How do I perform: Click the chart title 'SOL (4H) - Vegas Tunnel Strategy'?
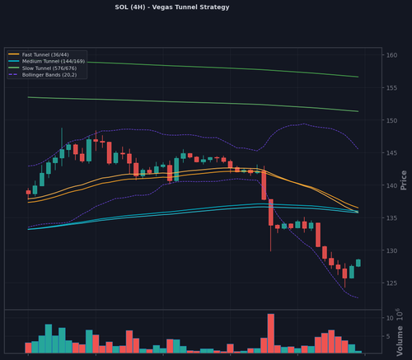point(172,7)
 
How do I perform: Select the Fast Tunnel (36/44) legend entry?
point(39,54)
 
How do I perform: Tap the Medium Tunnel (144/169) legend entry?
point(46,61)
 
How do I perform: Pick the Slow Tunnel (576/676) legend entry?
point(42,68)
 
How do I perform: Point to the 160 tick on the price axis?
point(391,55)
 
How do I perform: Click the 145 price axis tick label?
point(391,153)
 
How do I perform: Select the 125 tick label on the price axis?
point(391,283)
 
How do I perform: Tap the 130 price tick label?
point(391,250)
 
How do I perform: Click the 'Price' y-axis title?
point(403,180)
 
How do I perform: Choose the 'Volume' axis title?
point(400,341)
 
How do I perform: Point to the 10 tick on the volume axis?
point(390,318)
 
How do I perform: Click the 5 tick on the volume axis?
point(388,336)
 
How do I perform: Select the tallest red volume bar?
point(271,334)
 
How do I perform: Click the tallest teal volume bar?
point(49,339)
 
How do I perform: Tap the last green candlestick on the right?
point(358,263)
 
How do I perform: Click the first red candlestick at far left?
point(28,192)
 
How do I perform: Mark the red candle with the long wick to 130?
point(271,225)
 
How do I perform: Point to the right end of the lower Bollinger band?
point(358,298)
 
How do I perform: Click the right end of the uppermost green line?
point(358,77)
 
